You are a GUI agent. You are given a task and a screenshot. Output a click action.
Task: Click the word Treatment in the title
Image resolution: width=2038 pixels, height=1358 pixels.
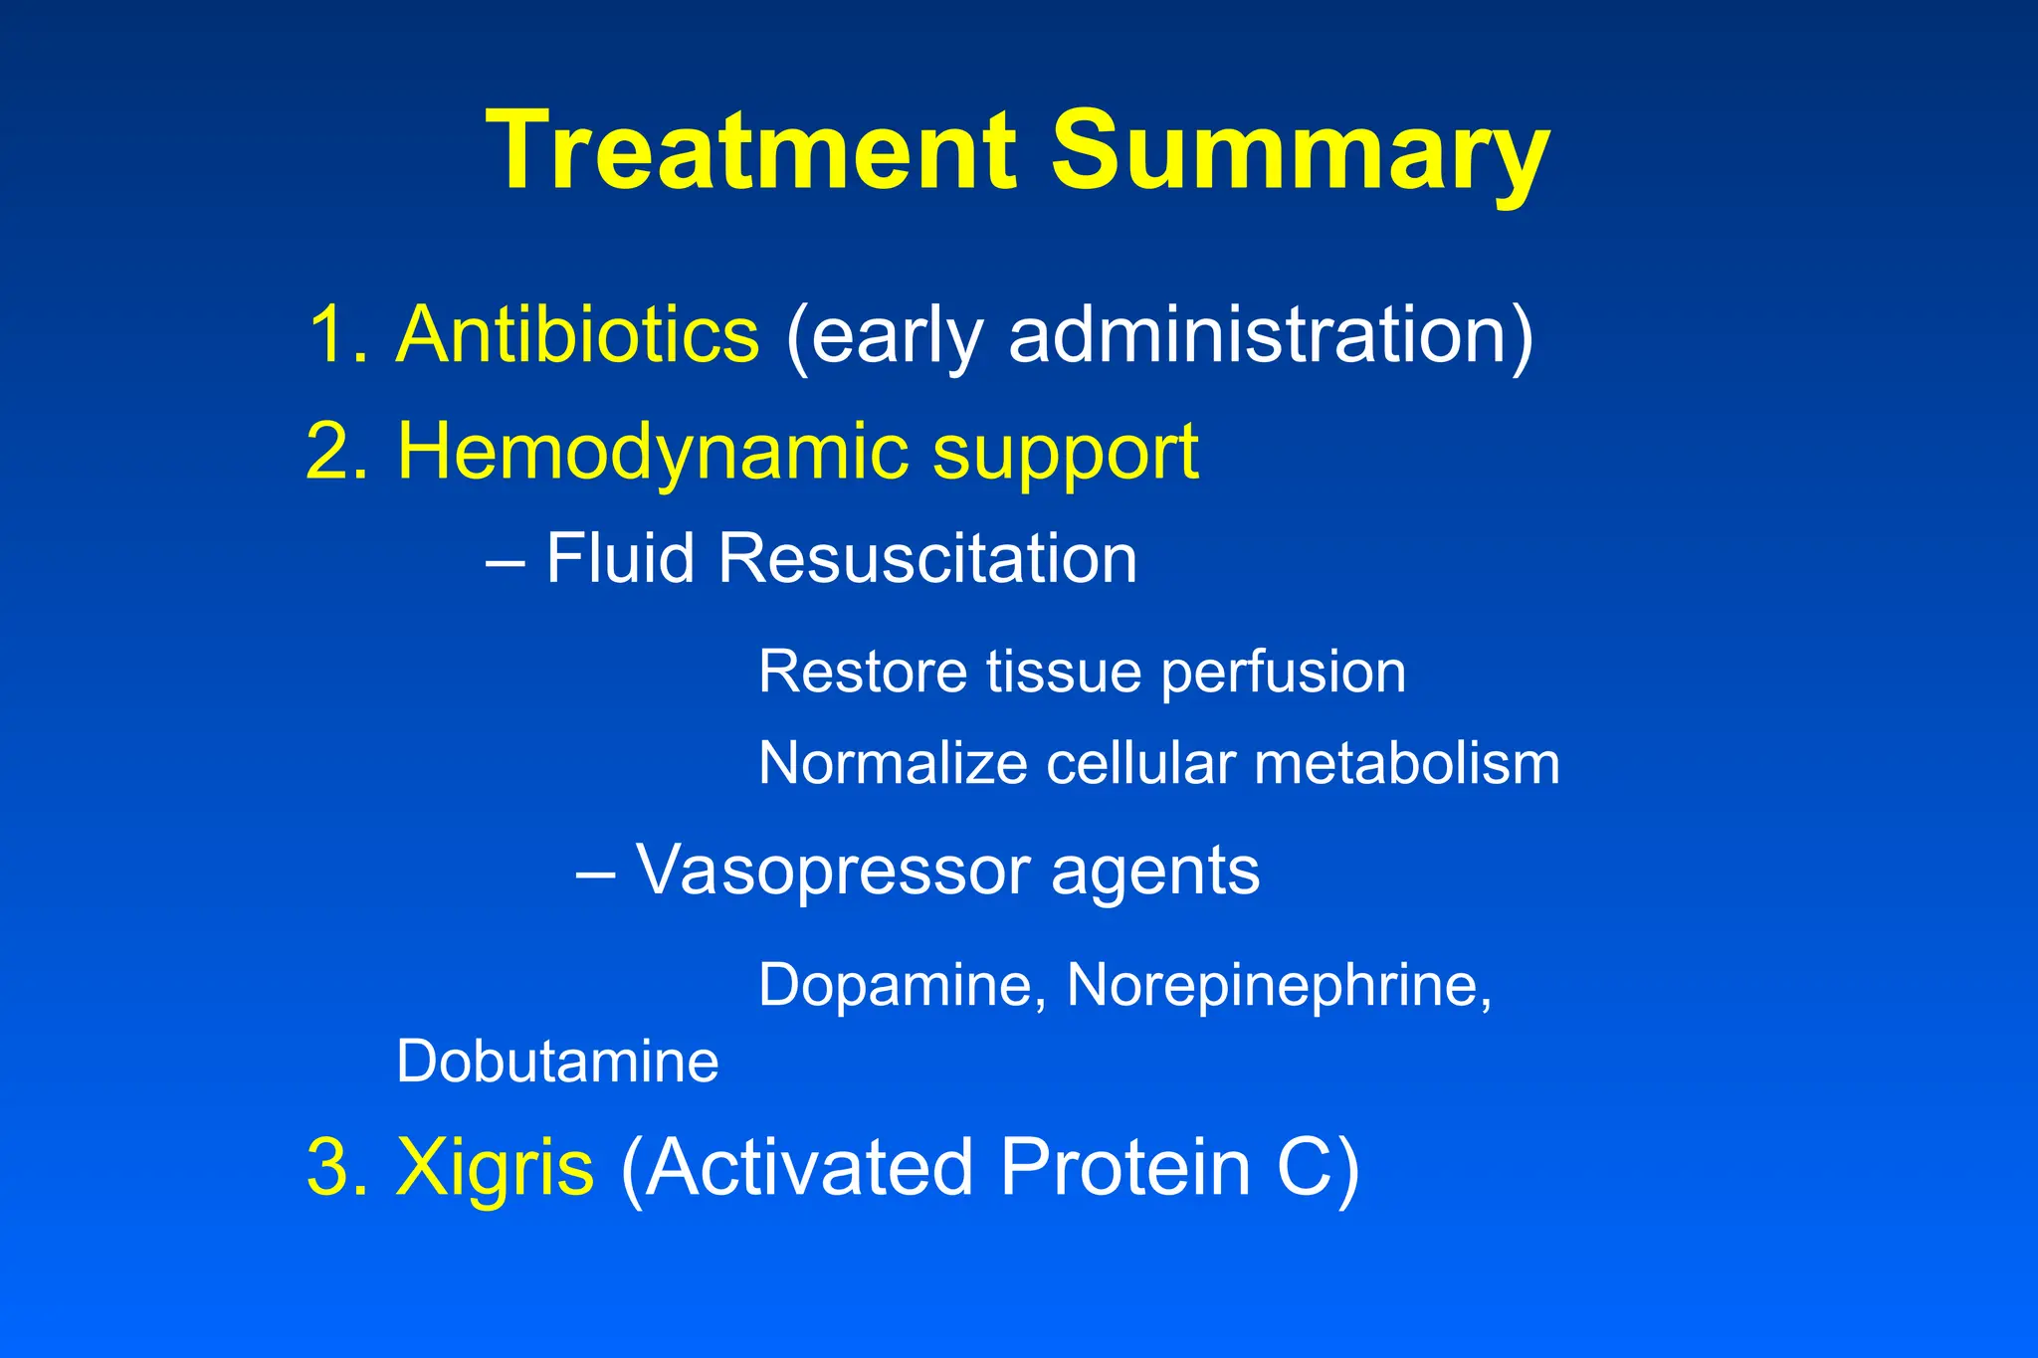pos(752,151)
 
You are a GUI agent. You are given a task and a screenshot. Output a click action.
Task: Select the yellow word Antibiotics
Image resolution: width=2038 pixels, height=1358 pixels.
pos(577,334)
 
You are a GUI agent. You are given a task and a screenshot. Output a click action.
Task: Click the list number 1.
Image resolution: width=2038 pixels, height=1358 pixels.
pos(333,334)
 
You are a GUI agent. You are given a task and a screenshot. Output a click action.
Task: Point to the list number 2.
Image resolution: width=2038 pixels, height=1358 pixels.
pos(333,452)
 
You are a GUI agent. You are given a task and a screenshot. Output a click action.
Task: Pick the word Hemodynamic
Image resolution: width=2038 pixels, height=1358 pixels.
pos(652,452)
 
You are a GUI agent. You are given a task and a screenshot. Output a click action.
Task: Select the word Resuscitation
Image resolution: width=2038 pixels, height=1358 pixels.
pos(926,558)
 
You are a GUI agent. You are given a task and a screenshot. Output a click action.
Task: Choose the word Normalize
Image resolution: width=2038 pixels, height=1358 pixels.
pos(892,764)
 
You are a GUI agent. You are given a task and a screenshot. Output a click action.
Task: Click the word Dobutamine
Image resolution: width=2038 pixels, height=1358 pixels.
pos(557,1062)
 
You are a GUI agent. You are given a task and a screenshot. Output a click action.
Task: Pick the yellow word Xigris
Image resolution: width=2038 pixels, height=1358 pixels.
pos(495,1167)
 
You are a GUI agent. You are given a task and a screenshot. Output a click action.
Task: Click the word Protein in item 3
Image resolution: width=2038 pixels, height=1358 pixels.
pos(1124,1167)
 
